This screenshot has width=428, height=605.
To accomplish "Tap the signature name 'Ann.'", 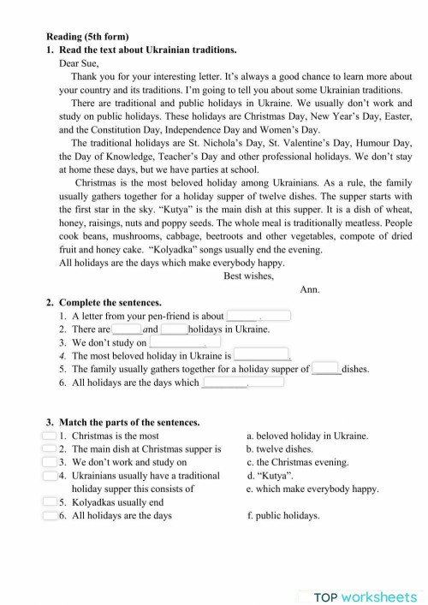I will pyautogui.click(x=310, y=289).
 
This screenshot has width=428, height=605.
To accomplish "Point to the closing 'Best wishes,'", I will pyautogui.click(x=248, y=276).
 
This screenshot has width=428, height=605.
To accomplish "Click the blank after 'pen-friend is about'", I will pyautogui.click(x=259, y=316).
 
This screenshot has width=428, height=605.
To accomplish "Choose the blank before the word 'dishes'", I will pyautogui.click(x=326, y=369).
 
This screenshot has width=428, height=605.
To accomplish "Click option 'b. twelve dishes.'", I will pyautogui.click(x=279, y=448).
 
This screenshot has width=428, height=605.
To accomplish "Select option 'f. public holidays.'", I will pyautogui.click(x=282, y=516).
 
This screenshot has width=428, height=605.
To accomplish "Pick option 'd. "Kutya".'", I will pyautogui.click(x=271, y=475).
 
